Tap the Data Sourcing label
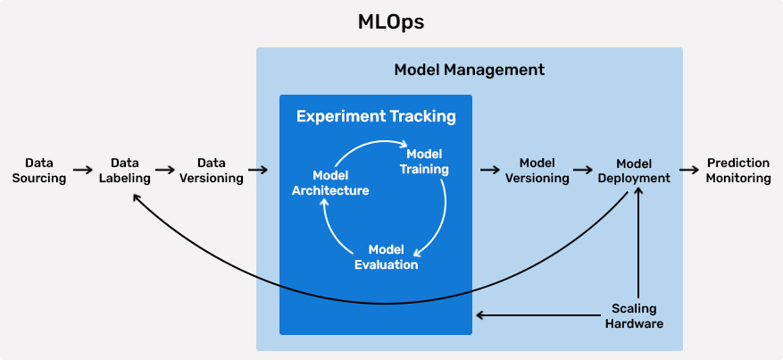click(x=39, y=171)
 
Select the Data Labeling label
click(x=125, y=171)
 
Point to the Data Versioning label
click(x=212, y=171)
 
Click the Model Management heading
click(x=469, y=70)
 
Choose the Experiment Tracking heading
click(x=376, y=117)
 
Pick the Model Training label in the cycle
click(x=423, y=162)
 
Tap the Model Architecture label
click(x=330, y=183)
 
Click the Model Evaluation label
click(x=386, y=256)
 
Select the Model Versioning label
click(x=537, y=171)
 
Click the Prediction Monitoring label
click(x=737, y=171)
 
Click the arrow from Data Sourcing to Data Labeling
click(x=83, y=169)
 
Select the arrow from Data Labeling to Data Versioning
click(x=165, y=169)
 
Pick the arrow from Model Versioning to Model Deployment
click(x=584, y=169)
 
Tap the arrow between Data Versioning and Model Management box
click(x=258, y=169)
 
